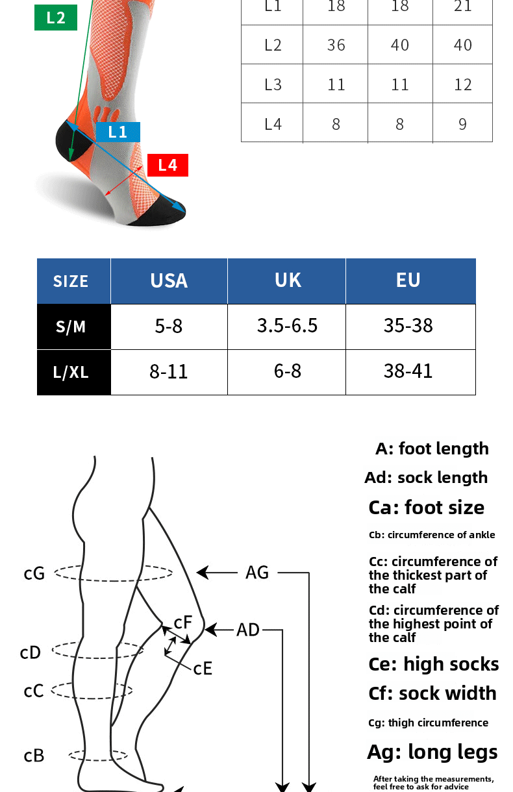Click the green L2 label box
(55, 18)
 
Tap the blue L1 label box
(118, 132)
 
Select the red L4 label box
(168, 165)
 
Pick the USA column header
(169, 280)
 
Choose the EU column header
(408, 280)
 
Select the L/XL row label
(71, 372)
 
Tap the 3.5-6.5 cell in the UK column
(287, 326)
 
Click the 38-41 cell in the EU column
(408, 371)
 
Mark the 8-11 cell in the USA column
(169, 371)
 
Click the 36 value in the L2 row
(336, 45)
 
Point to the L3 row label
(273, 84)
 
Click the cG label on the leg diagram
(34, 573)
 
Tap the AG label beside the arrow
(257, 573)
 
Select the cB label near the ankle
(34, 756)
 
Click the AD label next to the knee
(248, 630)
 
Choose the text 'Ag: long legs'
(432, 752)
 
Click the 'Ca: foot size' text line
(426, 508)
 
